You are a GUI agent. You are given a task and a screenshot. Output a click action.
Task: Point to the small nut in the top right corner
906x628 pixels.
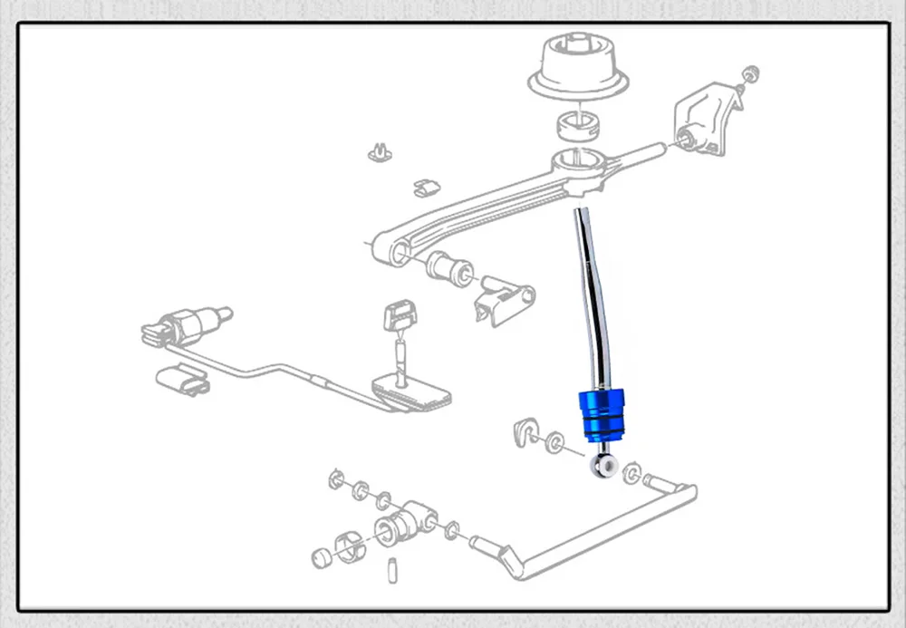point(749,73)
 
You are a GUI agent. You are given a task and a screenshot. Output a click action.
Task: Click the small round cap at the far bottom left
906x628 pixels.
point(320,556)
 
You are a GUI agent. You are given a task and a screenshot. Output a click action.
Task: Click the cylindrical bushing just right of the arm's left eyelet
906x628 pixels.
point(447,266)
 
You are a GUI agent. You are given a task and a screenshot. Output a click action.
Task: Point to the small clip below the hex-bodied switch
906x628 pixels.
point(182,379)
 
